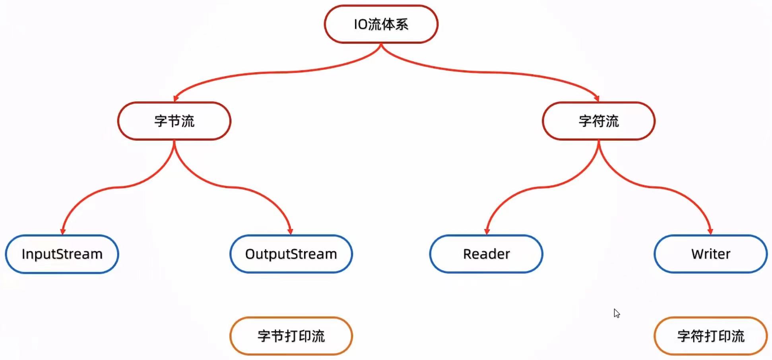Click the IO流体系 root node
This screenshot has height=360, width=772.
click(x=381, y=24)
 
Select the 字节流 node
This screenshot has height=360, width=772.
click(x=174, y=121)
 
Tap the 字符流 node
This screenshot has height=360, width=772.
click(x=598, y=121)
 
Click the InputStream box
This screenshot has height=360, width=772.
click(x=62, y=254)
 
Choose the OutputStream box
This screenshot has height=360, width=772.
click(x=291, y=254)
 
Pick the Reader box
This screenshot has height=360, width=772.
click(x=486, y=254)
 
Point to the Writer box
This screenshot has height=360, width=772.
click(x=710, y=254)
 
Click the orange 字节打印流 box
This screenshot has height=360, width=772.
click(x=291, y=336)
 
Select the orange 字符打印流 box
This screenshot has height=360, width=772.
click(x=710, y=336)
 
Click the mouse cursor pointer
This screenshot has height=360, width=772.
click(x=616, y=313)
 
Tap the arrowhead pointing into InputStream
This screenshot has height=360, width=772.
click(x=62, y=231)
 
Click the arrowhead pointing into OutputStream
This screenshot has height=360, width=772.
click(x=290, y=231)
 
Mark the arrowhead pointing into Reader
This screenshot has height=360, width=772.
click(x=487, y=231)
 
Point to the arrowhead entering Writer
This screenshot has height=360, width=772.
click(x=710, y=231)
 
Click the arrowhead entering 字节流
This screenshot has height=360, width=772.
click(x=176, y=98)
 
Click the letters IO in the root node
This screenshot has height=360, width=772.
click(x=361, y=25)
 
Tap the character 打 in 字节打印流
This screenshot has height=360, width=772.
click(x=291, y=336)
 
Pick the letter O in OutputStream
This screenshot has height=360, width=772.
click(x=250, y=254)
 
